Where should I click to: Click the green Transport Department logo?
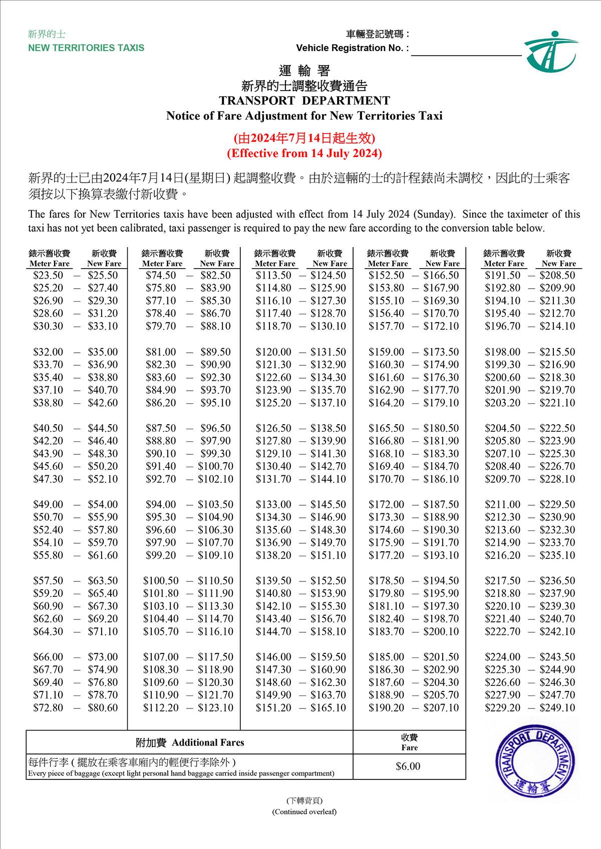(x=551, y=52)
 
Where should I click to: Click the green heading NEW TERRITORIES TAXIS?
(x=86, y=48)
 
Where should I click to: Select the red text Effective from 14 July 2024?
(x=305, y=153)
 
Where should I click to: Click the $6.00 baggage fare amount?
(x=408, y=766)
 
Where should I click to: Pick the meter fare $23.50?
(x=48, y=275)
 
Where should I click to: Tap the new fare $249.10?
(x=557, y=708)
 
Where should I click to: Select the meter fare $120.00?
(x=273, y=352)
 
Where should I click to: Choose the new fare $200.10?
(x=441, y=631)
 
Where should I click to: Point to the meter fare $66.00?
(x=48, y=657)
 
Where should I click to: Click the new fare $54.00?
(x=103, y=504)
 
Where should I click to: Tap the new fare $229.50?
(x=557, y=504)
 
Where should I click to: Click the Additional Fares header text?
(x=190, y=742)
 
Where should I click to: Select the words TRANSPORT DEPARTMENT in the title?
(x=305, y=101)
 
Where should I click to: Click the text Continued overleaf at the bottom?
(x=305, y=811)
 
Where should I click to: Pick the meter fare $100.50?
(x=161, y=580)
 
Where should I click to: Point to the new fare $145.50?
(x=328, y=504)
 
